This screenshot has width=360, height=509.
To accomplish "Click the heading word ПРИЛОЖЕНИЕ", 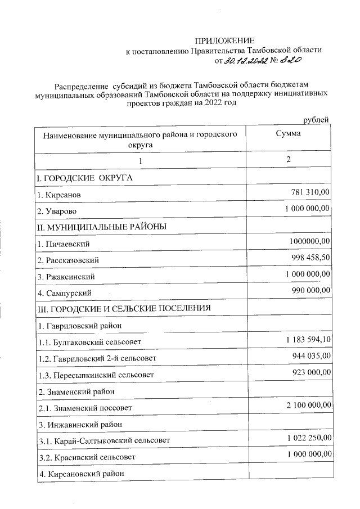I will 224,40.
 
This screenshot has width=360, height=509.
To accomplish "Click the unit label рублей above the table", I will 316,120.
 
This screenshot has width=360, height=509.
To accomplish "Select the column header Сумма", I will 288,134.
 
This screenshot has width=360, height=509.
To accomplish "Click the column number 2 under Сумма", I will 288,160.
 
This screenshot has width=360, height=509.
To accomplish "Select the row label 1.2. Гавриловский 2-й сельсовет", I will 97,358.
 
